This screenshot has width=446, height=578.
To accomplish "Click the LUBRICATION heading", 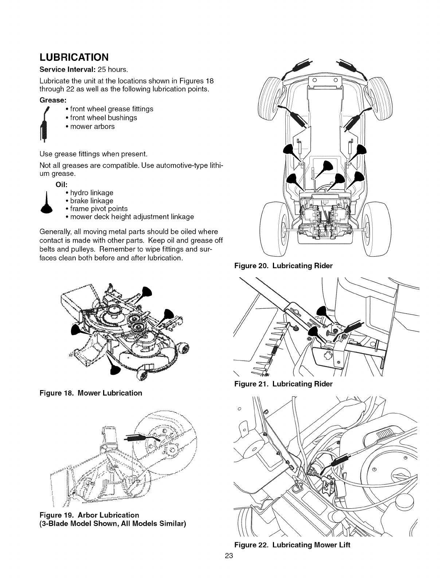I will (x=74, y=58).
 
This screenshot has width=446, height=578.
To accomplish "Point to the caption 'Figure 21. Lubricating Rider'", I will (x=283, y=384).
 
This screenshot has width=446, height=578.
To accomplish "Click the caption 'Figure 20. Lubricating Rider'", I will (x=283, y=266).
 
